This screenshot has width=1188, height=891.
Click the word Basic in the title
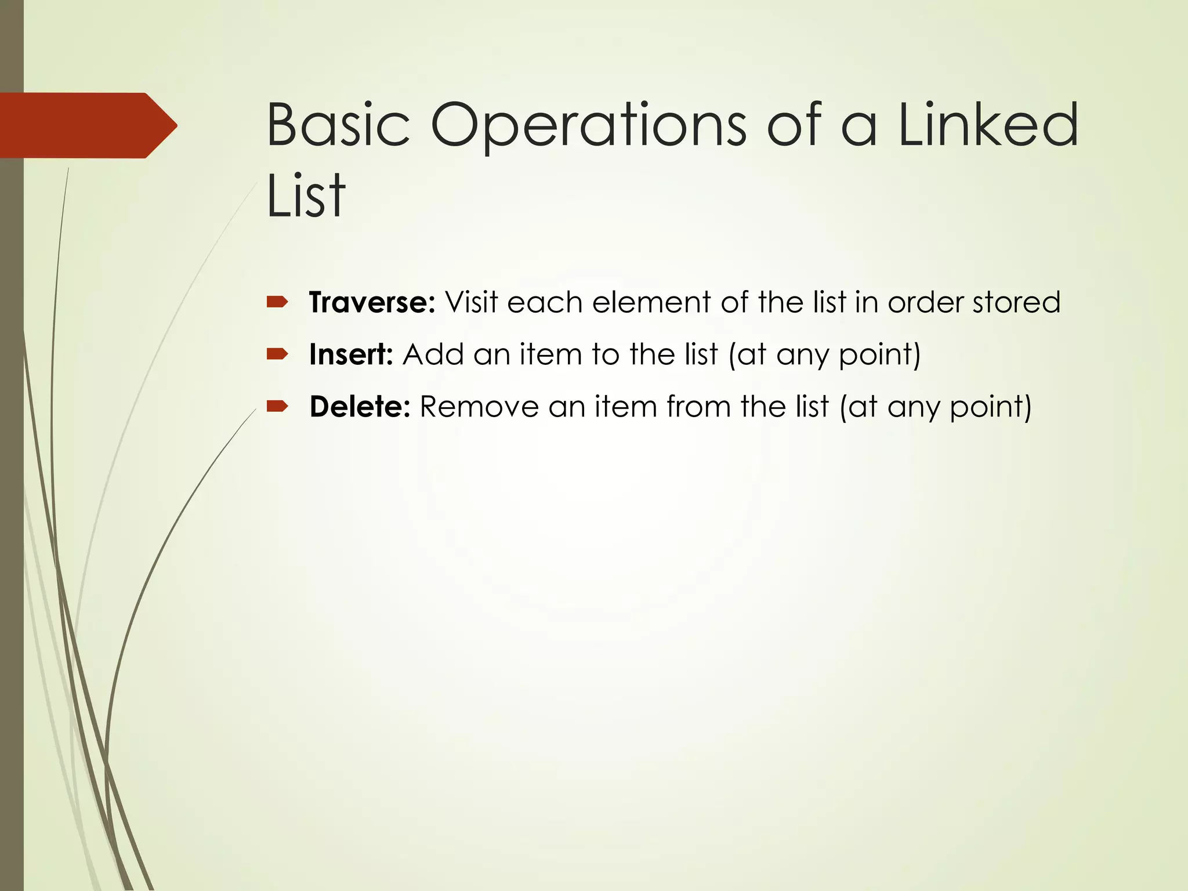338,125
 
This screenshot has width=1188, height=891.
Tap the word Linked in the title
988,125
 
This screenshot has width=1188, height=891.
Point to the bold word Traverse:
372,302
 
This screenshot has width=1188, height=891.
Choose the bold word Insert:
351,354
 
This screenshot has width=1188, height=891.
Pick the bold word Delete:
360,407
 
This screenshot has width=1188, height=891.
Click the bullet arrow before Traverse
277,302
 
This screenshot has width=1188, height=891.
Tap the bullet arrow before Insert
277,354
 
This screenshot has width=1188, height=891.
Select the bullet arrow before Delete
277,406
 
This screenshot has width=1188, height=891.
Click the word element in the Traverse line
651,302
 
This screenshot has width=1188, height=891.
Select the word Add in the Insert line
433,354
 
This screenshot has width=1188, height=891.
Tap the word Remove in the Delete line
479,407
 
